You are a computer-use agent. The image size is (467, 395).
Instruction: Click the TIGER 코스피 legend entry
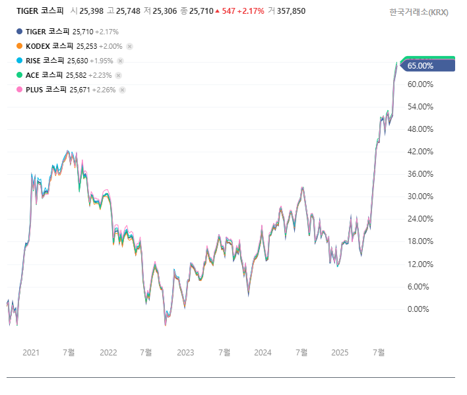click(x=45, y=32)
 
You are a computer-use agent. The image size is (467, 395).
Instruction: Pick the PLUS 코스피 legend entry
click(x=46, y=90)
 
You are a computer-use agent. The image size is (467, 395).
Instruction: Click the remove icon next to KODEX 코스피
click(x=129, y=46)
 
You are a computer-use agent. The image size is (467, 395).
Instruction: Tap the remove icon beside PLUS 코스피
click(x=122, y=90)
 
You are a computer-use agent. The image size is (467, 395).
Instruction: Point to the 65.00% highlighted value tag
click(x=421, y=65)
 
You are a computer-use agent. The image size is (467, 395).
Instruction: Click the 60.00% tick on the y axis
click(x=420, y=84)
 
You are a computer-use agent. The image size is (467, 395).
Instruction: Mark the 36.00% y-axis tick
click(x=420, y=174)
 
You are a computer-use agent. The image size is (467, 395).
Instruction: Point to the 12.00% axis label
click(x=420, y=264)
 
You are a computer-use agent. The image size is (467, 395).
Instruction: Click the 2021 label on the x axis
click(x=31, y=352)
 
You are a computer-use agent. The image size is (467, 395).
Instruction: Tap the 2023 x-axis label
click(x=185, y=352)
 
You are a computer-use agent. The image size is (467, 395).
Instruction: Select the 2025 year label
click(x=340, y=352)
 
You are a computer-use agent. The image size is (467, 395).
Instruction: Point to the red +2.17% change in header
click(x=252, y=11)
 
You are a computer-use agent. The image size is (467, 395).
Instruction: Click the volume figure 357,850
click(x=291, y=11)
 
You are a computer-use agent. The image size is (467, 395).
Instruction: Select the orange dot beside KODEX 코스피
click(x=19, y=46)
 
